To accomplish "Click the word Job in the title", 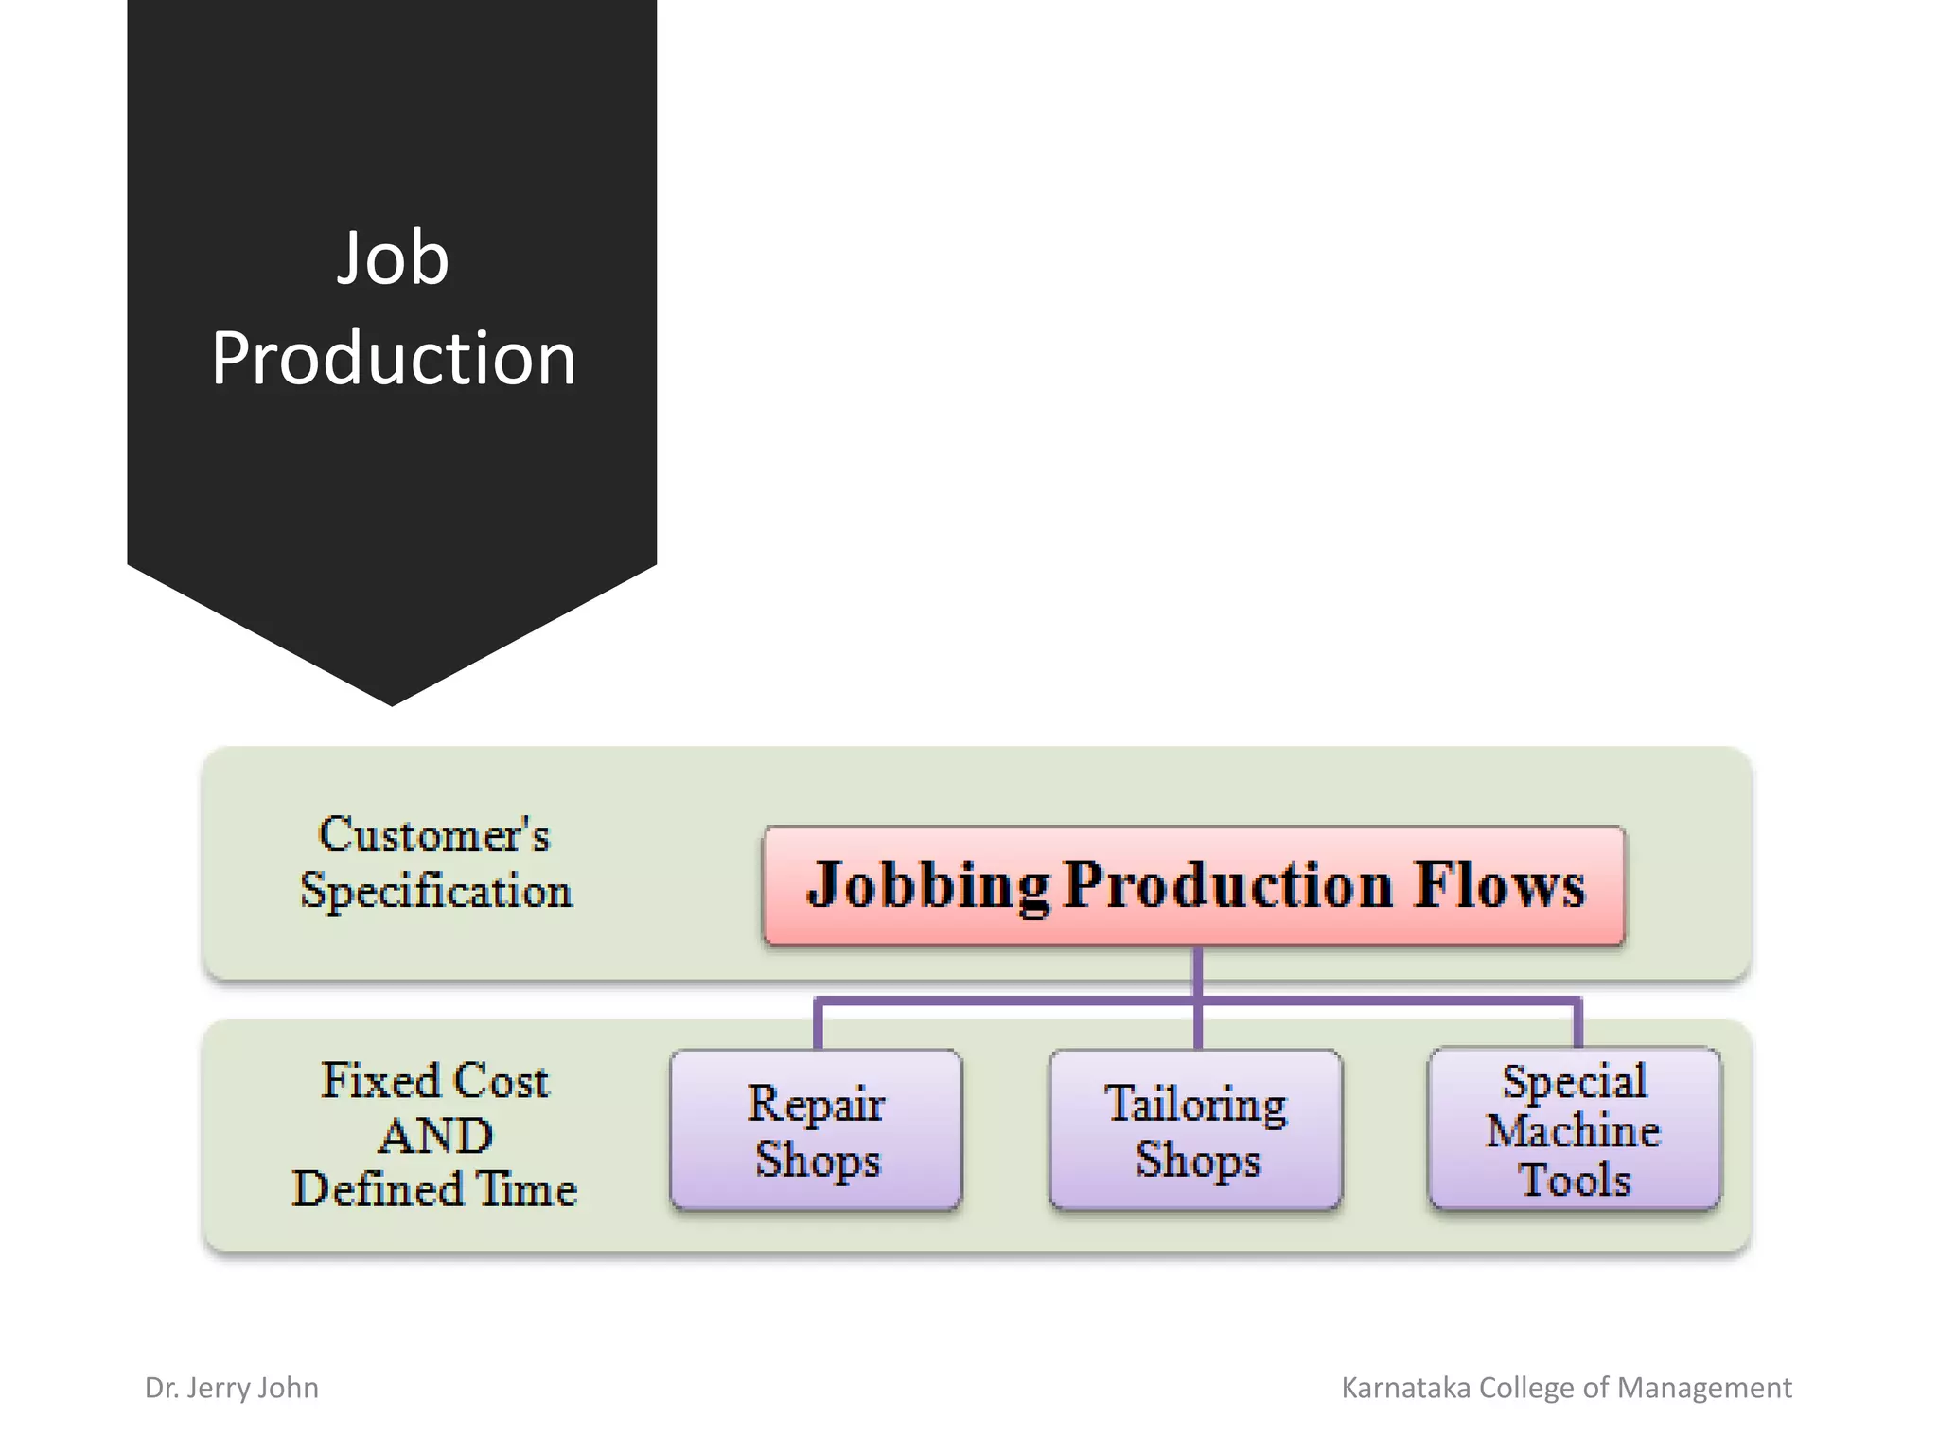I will pyautogui.click(x=393, y=258).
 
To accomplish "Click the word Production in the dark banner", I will pyautogui.click(x=393, y=359).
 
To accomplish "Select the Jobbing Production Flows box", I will pyautogui.click(x=1194, y=885).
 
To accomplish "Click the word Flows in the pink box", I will pyautogui.click(x=1499, y=885).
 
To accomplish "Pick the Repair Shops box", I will pyautogui.click(x=817, y=1129).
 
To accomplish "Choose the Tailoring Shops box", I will pyautogui.click(x=1196, y=1129).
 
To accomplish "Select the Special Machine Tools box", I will pyautogui.click(x=1575, y=1129).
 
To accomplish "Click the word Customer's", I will pyautogui.click(x=433, y=836).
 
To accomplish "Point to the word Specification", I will pyautogui.click(x=435, y=892).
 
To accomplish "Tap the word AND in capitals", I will pyautogui.click(x=435, y=1135).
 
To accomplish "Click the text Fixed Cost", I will pyautogui.click(x=434, y=1081).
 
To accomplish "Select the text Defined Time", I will pyautogui.click(x=434, y=1190).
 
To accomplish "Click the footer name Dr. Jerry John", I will pyautogui.click(x=232, y=1388).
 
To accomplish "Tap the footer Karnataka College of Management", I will pyautogui.click(x=1566, y=1388).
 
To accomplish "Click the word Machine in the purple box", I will pyautogui.click(x=1573, y=1131).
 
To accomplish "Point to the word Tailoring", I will pyautogui.click(x=1196, y=1104).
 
